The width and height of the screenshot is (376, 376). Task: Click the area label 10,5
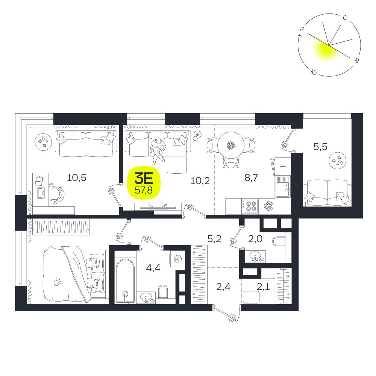click(x=76, y=178)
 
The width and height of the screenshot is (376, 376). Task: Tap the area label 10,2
click(x=200, y=181)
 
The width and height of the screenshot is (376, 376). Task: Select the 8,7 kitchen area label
click(x=251, y=178)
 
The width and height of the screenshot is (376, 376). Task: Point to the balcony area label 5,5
click(x=320, y=147)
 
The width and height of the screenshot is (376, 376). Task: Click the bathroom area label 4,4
click(x=153, y=268)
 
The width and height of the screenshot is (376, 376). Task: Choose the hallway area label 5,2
click(x=214, y=239)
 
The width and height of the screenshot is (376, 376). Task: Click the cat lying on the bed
click(x=57, y=281)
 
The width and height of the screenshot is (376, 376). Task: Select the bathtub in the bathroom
click(x=125, y=281)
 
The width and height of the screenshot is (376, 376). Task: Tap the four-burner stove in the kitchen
click(x=250, y=206)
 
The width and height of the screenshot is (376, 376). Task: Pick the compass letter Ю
click(x=314, y=72)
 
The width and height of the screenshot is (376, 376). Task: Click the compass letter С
click(x=345, y=18)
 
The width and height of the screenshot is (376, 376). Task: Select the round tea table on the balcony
click(x=338, y=161)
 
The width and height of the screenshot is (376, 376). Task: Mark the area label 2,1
click(x=263, y=287)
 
